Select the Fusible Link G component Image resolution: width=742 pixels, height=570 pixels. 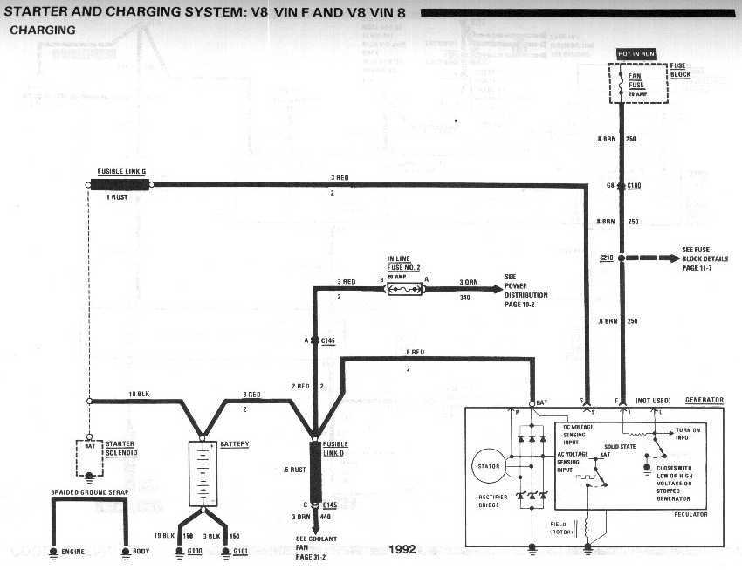(x=120, y=184)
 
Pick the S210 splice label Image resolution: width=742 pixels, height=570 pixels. (x=608, y=258)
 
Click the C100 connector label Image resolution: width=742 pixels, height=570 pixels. (x=635, y=186)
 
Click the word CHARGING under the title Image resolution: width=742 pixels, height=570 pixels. (x=42, y=29)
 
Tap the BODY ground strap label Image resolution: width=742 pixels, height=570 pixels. (x=141, y=552)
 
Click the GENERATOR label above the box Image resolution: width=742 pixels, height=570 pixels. (x=704, y=400)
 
